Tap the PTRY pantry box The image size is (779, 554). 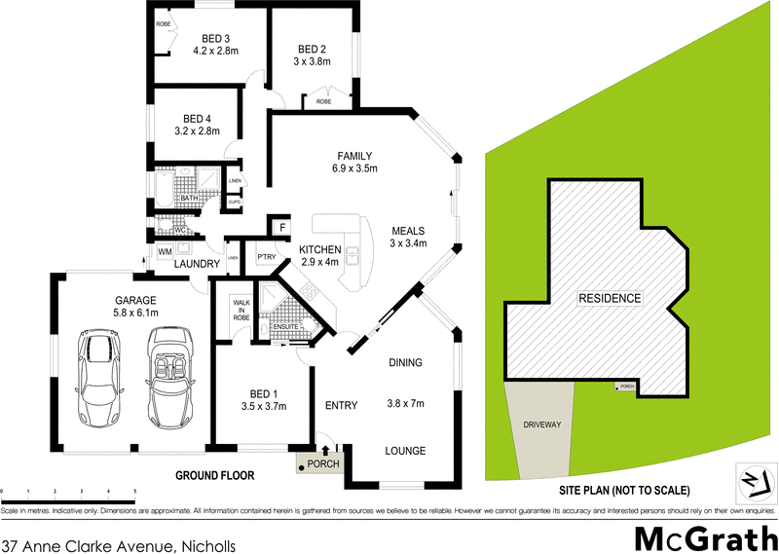click(x=266, y=257)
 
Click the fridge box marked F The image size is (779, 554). click(x=280, y=228)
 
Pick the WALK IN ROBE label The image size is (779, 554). click(x=241, y=310)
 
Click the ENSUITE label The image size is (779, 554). click(x=285, y=326)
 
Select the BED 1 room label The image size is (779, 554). click(x=262, y=400)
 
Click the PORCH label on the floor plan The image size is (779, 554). click(x=321, y=462)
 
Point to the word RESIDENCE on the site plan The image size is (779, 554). click(x=610, y=298)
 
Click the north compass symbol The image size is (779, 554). click(x=750, y=480)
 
